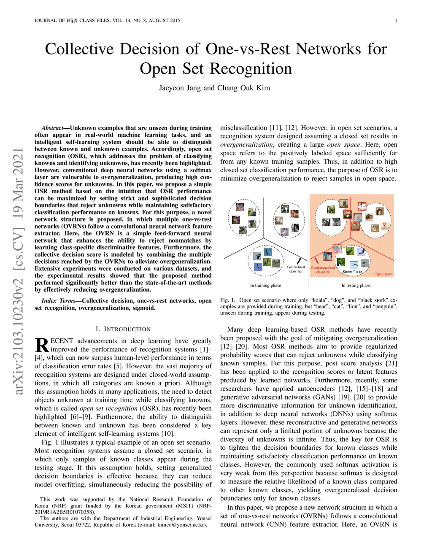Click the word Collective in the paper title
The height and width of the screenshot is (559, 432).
tap(79, 49)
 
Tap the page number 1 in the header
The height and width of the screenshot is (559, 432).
tap(396, 20)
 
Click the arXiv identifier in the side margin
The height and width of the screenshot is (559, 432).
tap(18, 272)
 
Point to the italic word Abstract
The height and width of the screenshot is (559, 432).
tap(52, 128)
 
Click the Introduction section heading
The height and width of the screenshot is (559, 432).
tap(123, 329)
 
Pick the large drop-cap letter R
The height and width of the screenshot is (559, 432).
tap(42, 345)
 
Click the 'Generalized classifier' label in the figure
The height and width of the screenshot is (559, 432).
tap(296, 269)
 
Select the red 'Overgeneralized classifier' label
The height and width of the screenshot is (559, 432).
tap(323, 270)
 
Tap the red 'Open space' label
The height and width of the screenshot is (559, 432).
tap(384, 274)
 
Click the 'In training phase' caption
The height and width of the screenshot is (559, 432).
tap(265, 286)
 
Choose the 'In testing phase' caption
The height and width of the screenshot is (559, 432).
tap(356, 286)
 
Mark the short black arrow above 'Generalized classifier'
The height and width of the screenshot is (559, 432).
tap(299, 261)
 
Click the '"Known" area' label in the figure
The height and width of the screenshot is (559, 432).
tap(352, 272)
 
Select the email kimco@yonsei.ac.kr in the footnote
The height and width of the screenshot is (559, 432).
tap(182, 525)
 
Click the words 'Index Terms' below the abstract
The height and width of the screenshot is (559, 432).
tap(58, 301)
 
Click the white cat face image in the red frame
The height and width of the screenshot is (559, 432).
tap(362, 206)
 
